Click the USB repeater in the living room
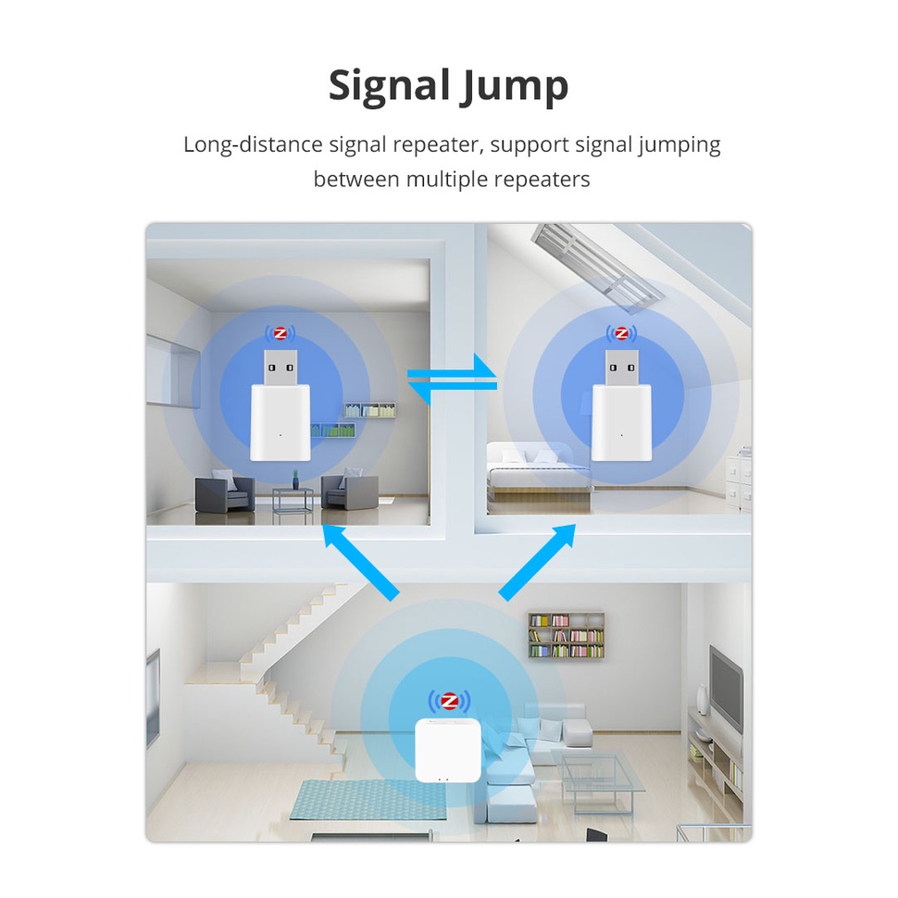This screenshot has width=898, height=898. coord(280,406)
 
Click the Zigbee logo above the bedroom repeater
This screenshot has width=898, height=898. coord(621,333)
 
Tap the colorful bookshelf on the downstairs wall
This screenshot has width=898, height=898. coord(566,635)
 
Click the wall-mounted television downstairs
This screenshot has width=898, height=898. coord(726,685)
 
